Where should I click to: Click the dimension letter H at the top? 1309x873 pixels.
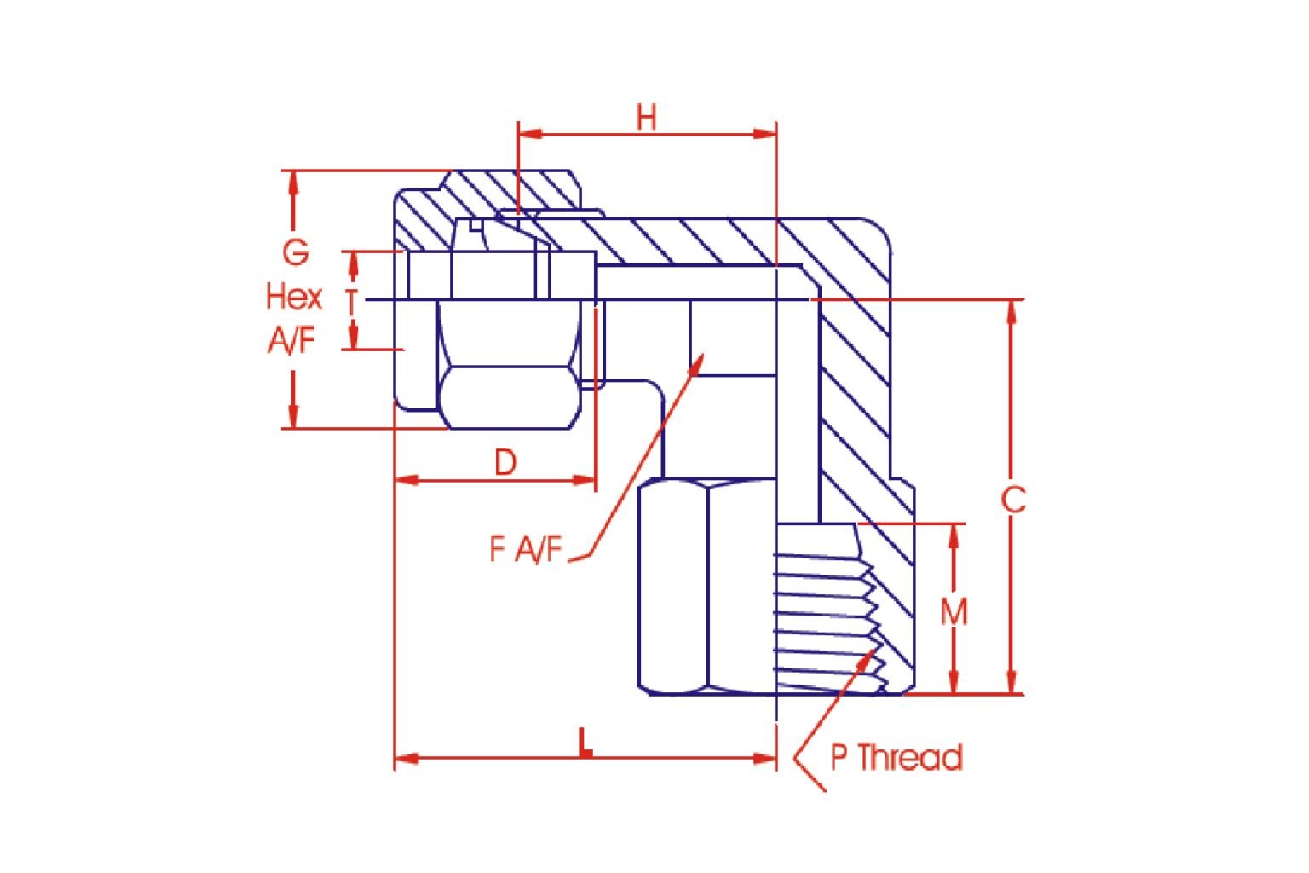click(x=646, y=118)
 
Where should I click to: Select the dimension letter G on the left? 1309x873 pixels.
click(x=295, y=252)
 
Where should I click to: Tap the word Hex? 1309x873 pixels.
click(x=294, y=297)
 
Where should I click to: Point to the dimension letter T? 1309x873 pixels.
click(x=352, y=303)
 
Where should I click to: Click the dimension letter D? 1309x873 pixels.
click(x=505, y=463)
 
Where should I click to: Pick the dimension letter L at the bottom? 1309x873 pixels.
click(x=585, y=743)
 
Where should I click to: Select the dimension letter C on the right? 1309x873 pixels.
click(x=1013, y=500)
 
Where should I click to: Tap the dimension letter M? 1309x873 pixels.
click(x=954, y=611)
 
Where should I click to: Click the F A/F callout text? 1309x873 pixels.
click(x=526, y=550)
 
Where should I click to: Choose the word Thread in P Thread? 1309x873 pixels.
click(x=910, y=757)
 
